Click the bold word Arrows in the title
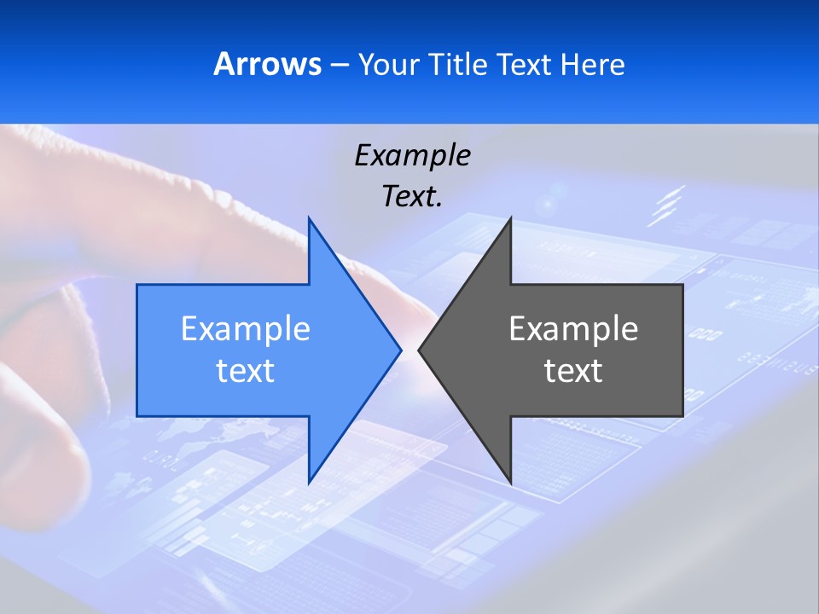click(267, 65)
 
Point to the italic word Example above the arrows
click(413, 155)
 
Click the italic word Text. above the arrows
click(413, 197)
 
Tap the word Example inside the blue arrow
click(246, 329)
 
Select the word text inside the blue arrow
click(246, 371)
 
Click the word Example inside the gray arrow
click(573, 329)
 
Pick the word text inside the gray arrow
click(573, 371)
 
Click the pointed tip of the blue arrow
click(400, 350)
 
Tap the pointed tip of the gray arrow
click(419, 350)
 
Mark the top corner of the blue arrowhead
click(309, 218)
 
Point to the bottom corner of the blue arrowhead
click(309, 483)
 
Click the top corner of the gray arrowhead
click(510, 218)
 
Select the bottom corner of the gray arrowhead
click(510, 483)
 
